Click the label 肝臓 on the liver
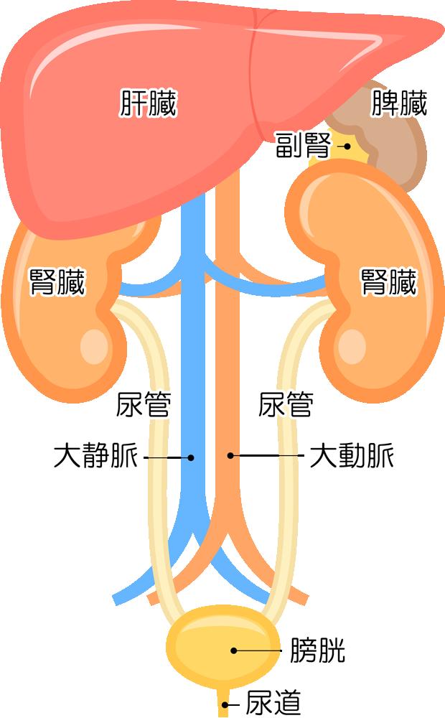148,103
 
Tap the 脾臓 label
399,103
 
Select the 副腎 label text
303,145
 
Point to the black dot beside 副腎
347,146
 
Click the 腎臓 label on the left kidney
57,282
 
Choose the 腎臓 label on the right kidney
389,282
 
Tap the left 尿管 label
144,405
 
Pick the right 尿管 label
286,405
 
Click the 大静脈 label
95,456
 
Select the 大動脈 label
352,456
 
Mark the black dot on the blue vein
191,457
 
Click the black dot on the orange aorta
230,456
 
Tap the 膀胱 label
317,650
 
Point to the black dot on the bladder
234,651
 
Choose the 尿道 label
273,702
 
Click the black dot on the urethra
225,705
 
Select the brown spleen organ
389,137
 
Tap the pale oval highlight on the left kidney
95,347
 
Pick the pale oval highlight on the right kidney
352,347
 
